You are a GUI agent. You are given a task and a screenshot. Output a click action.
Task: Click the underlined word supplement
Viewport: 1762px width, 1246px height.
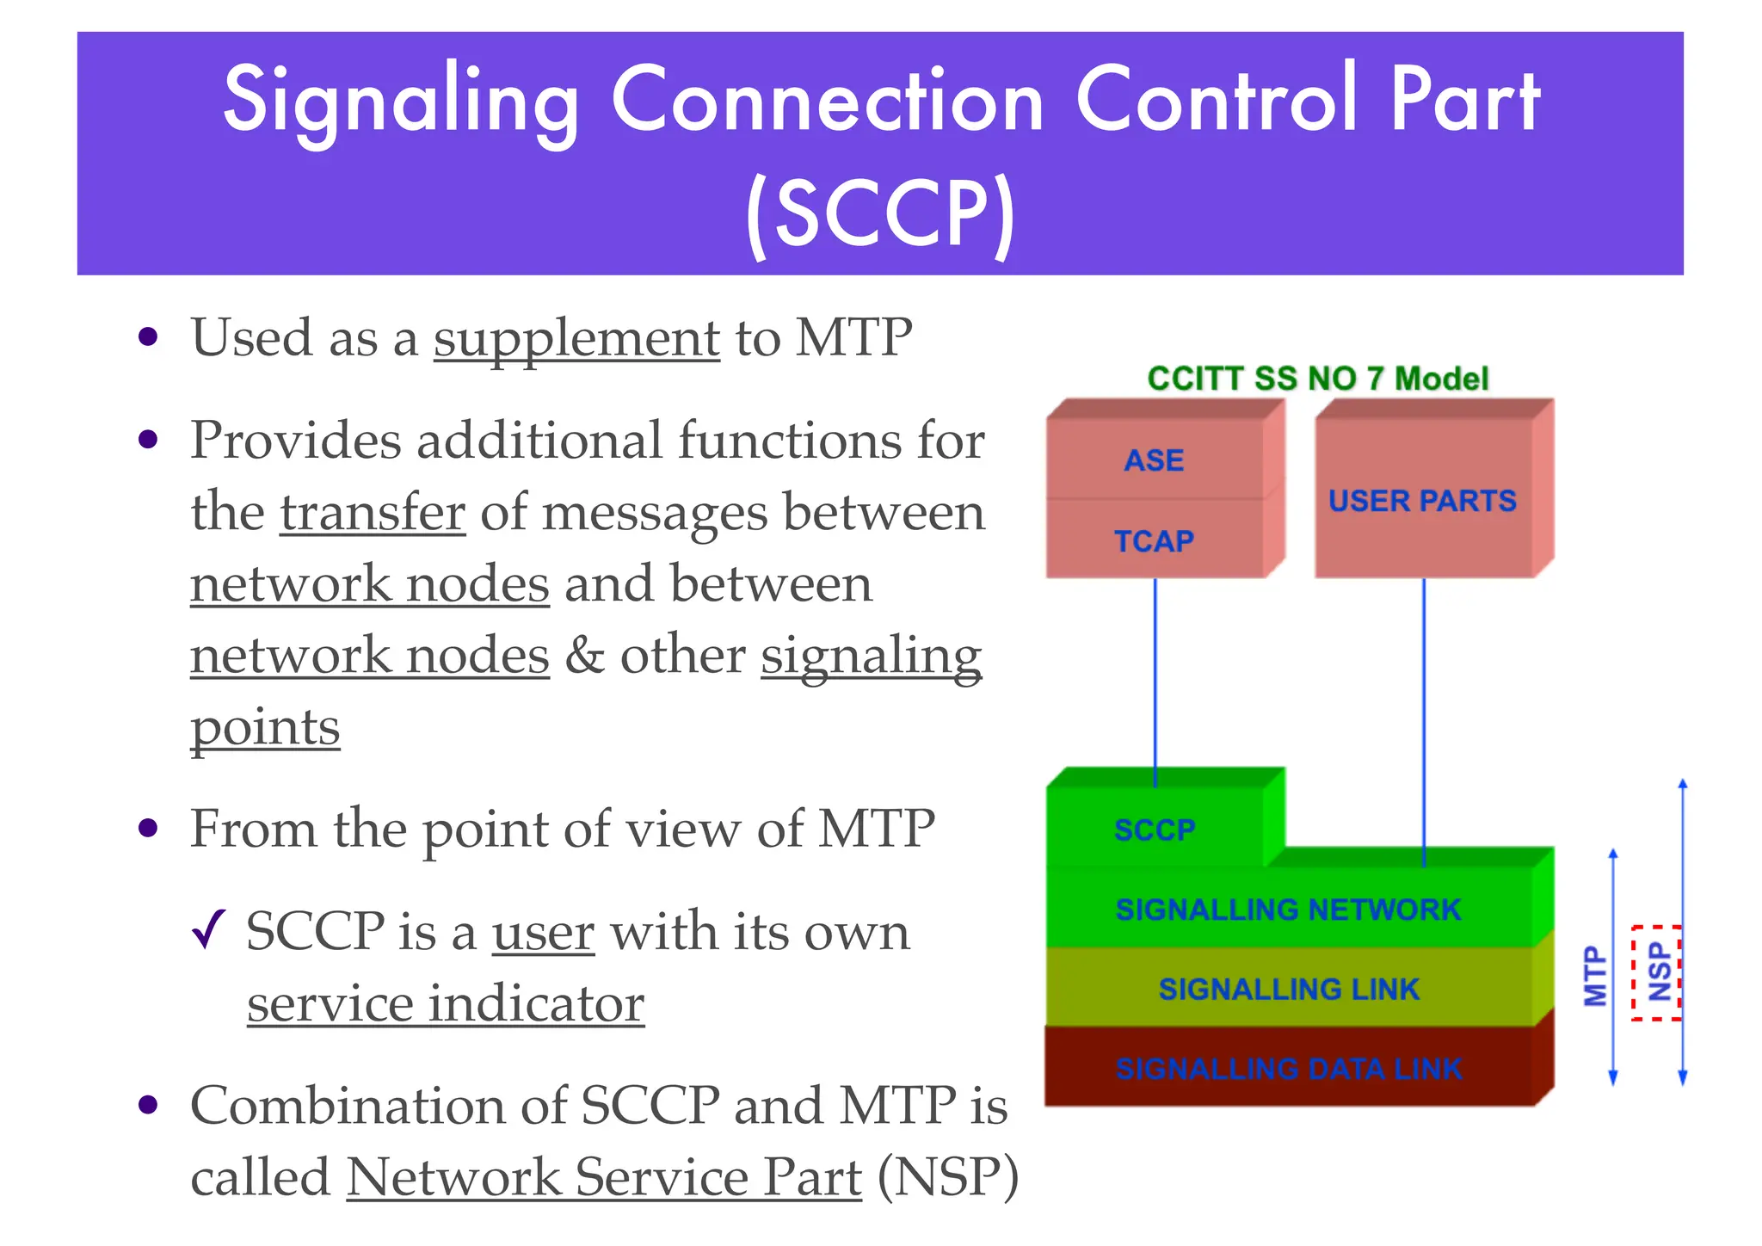coord(576,338)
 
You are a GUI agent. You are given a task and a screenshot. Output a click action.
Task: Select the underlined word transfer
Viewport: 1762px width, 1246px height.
coord(373,513)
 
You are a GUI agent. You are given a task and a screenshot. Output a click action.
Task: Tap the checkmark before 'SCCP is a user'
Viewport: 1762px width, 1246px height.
coord(209,930)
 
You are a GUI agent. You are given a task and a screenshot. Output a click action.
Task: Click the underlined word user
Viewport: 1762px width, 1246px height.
coord(543,932)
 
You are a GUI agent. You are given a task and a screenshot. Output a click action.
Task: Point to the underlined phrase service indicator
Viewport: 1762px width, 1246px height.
coord(445,1004)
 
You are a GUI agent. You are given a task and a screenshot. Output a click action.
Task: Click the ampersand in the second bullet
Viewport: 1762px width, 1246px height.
coord(585,656)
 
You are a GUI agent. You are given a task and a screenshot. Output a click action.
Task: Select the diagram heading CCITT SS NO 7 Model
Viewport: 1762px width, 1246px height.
coord(1317,379)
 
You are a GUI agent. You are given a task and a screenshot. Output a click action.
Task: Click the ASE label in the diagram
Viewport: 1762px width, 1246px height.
coord(1154,460)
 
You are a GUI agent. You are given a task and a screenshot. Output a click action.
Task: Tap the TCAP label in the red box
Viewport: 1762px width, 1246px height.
coord(1154,541)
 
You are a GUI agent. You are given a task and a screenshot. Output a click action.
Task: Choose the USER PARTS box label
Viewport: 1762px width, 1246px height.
coord(1422,501)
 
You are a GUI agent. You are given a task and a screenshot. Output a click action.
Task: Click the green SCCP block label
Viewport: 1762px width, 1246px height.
coord(1154,830)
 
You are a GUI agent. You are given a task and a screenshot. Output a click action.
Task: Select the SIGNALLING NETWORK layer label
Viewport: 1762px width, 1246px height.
coord(1288,910)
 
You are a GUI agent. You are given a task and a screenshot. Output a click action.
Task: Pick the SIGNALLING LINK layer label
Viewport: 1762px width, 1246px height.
coord(1288,990)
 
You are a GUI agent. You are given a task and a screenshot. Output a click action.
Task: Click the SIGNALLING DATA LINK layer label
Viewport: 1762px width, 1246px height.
coord(1288,1069)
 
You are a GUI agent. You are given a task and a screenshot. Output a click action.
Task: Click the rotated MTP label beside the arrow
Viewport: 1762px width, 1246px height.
coord(1595,976)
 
